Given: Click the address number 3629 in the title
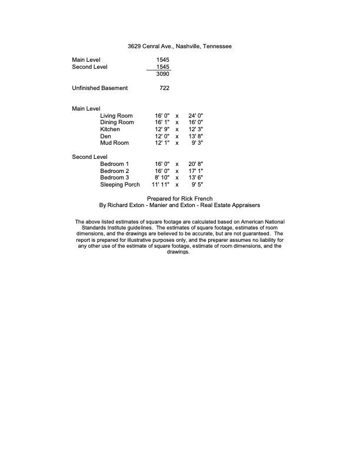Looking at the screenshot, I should [x=134, y=46].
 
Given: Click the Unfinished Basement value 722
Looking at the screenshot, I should [x=165, y=88].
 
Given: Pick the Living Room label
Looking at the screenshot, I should [x=116, y=115].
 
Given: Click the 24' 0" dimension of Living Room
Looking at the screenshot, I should [x=196, y=115].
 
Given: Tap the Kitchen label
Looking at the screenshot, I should [x=110, y=129].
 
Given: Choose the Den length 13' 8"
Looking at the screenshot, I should [x=196, y=136].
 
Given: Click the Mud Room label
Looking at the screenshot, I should [x=114, y=143].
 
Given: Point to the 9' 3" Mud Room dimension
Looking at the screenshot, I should [x=198, y=143].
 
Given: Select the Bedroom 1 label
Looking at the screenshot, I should [x=115, y=164].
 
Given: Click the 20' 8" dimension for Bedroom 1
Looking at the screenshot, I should [x=196, y=164].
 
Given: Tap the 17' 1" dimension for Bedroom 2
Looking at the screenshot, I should [x=196, y=171].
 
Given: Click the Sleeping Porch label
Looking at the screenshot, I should [x=120, y=184].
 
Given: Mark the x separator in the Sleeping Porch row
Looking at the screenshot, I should [x=177, y=184].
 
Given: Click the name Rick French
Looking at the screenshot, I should [x=196, y=198].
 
